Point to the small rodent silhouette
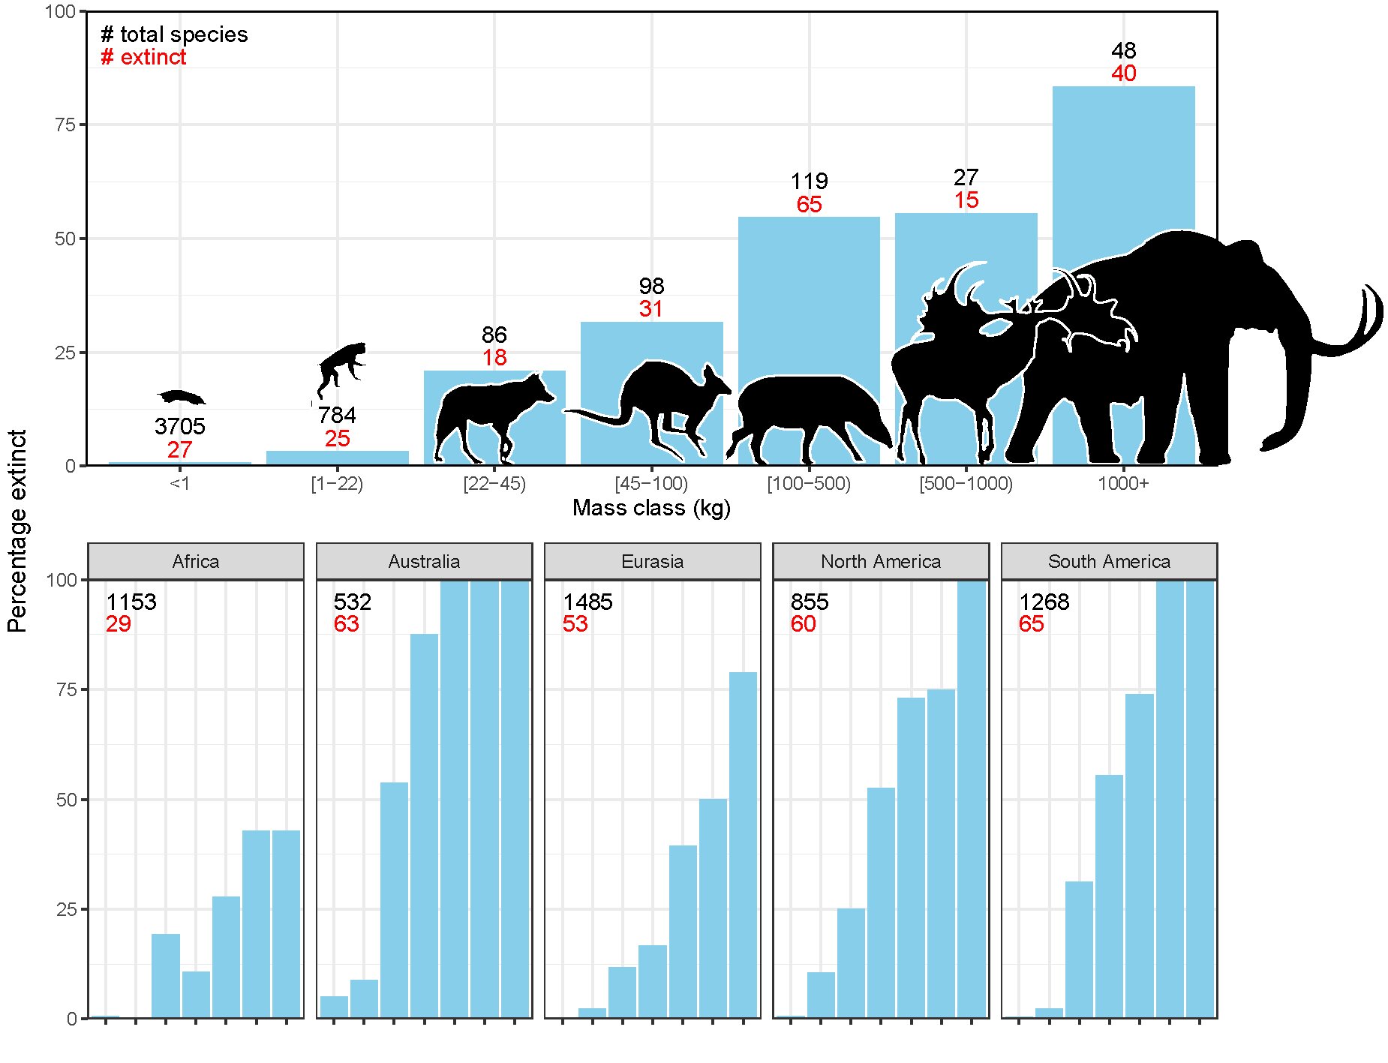coord(181,397)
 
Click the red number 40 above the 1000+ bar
coord(1123,74)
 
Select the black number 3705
coord(179,427)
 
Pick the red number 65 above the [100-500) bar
coord(809,204)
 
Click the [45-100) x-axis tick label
coord(651,484)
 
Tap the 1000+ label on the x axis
coord(1123,484)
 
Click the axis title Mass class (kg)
coord(651,508)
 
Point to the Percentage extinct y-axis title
coord(17,531)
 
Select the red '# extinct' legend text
coord(143,57)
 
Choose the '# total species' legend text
coord(174,35)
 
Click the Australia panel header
coord(424,562)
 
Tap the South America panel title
coord(1109,562)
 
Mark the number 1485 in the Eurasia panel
coord(587,602)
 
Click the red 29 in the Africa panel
coord(118,624)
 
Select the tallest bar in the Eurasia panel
coord(743,844)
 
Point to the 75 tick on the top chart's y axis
coord(65,125)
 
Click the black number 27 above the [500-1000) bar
coord(966,178)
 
